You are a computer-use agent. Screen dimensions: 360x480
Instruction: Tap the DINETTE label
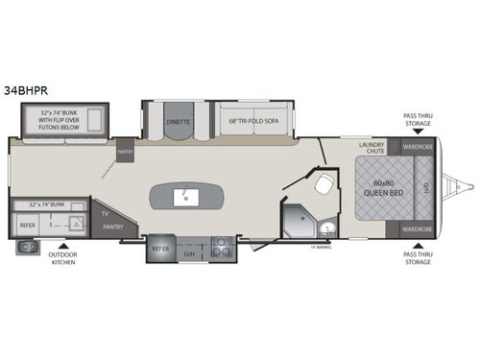(177, 122)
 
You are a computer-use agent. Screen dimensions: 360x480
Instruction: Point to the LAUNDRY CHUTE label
(372, 150)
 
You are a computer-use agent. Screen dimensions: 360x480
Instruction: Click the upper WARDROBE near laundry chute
(417, 148)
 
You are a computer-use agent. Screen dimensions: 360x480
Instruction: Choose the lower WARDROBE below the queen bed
(417, 229)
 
